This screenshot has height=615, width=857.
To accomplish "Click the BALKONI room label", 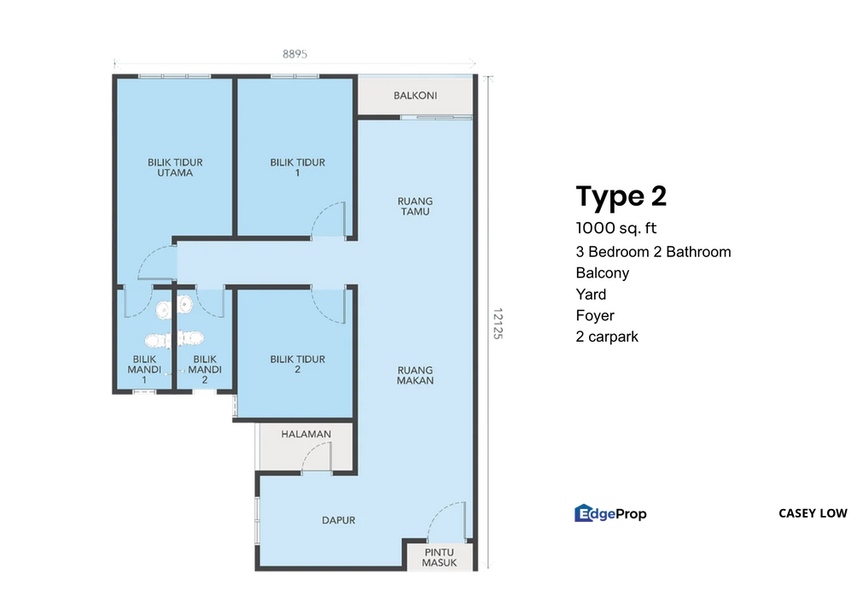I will [415, 96].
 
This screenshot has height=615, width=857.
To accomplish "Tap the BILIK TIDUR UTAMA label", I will [175, 167].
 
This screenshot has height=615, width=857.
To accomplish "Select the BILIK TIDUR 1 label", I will [297, 167].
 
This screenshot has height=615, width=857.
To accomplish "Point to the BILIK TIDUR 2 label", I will [297, 365].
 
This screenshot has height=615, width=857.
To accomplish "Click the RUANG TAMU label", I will [414, 207].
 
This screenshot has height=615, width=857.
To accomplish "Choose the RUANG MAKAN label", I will [415, 375].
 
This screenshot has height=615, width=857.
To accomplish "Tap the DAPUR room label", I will [338, 519].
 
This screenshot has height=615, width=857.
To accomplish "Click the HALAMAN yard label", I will [306, 434].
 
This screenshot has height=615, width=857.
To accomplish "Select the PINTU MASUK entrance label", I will [440, 557].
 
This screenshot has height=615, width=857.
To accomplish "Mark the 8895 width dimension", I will [295, 54].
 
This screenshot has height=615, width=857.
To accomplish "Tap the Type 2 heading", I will [621, 196].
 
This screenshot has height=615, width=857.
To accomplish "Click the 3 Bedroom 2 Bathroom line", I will [653, 251].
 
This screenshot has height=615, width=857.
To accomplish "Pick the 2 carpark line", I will [607, 337].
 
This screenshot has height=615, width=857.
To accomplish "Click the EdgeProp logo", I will [610, 513].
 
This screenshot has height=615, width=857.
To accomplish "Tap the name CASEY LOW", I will [813, 513].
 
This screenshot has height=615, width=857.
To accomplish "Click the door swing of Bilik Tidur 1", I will [330, 218].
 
